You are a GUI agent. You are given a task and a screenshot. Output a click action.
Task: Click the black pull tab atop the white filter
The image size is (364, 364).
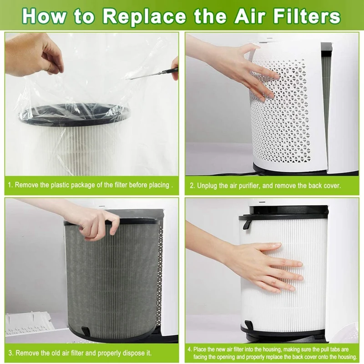coord(247,223)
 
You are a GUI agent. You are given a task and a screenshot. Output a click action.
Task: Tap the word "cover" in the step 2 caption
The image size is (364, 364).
coord(331,186)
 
